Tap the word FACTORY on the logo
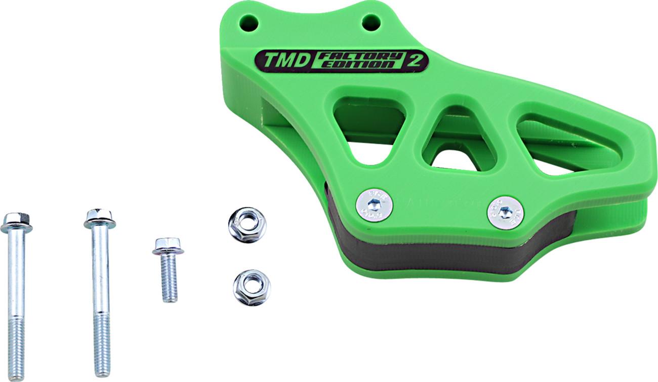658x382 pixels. pyautogui.click(x=360, y=56)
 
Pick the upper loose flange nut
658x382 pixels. pyautogui.click(x=246, y=224)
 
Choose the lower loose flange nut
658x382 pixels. pyautogui.click(x=252, y=287)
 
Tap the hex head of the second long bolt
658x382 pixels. pyautogui.click(x=100, y=218)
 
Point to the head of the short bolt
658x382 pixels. pyautogui.click(x=168, y=246)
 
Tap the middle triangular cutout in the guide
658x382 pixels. pyautogui.click(x=456, y=139)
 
